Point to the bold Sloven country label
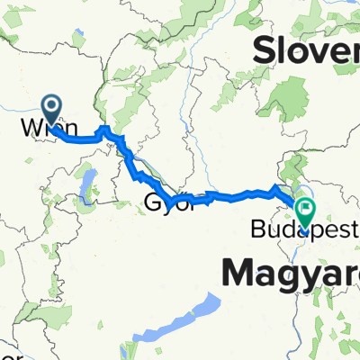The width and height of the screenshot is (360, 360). [x=306, y=52]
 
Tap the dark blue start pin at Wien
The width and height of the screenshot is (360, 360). [x=51, y=109]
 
